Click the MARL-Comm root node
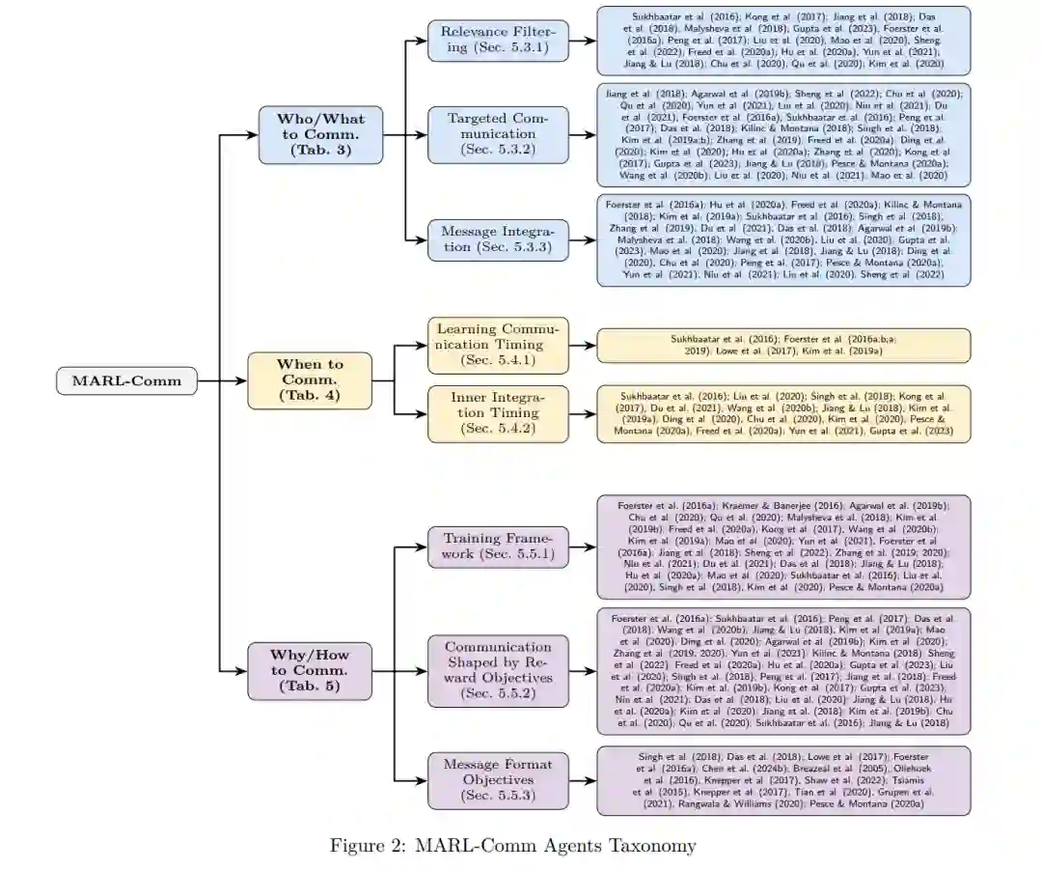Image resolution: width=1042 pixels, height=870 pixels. [x=126, y=380]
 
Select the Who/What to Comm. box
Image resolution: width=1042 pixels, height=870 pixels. [x=320, y=134]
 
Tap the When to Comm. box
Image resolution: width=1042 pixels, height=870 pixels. [x=310, y=379]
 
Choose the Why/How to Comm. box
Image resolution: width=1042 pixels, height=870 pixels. [x=309, y=670]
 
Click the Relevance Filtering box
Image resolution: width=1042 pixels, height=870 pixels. [x=498, y=40]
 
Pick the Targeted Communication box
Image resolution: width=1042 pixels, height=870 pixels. [x=498, y=134]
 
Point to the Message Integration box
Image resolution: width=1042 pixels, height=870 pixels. [x=498, y=239]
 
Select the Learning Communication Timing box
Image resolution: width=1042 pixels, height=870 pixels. [x=498, y=345]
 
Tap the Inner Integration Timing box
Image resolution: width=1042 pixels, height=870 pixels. [x=498, y=413]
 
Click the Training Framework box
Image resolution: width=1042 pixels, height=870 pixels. [x=498, y=547]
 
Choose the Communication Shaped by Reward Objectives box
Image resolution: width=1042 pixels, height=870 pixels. [x=498, y=670]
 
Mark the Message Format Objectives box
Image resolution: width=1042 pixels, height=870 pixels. [x=498, y=780]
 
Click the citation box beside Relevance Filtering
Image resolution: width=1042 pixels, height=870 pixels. [x=783, y=41]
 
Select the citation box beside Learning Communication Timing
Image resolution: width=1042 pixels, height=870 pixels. [x=783, y=345]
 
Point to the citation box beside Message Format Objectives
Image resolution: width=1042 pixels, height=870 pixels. [x=783, y=780]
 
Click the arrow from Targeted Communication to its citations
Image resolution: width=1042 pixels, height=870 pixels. [x=582, y=134]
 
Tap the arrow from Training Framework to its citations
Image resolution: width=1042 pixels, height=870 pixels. [x=582, y=547]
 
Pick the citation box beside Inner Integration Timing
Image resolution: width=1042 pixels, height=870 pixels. [x=783, y=413]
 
